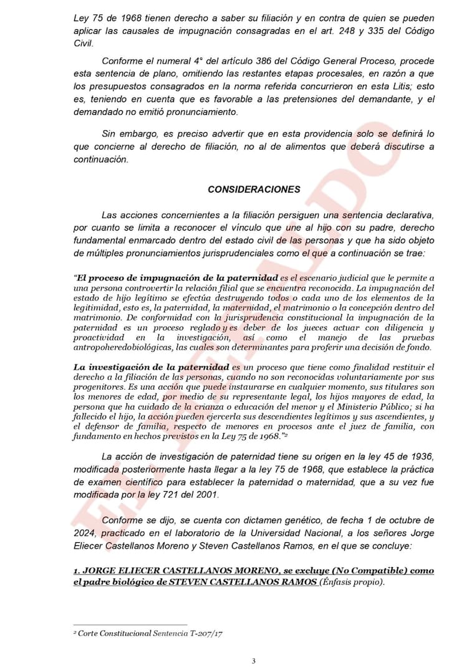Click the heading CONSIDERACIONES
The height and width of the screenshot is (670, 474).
click(x=253, y=189)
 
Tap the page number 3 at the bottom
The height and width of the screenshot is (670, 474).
click(x=253, y=661)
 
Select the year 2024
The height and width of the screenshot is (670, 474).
click(x=87, y=533)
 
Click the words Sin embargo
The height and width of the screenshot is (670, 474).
click(x=129, y=134)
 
